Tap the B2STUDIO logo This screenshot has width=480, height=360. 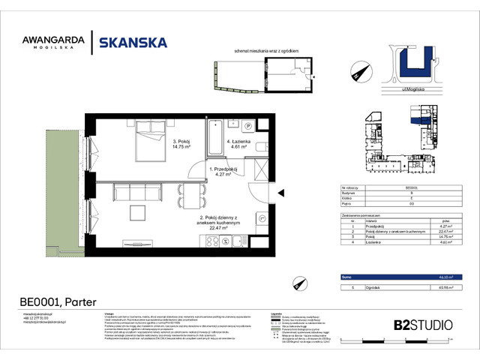[x=423, y=325]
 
